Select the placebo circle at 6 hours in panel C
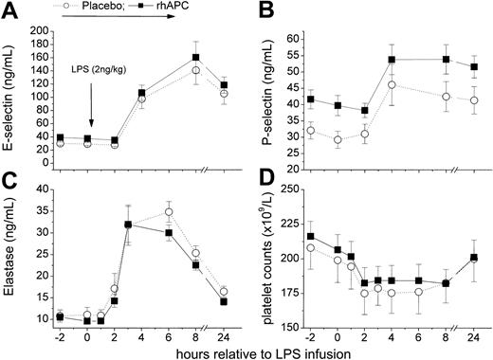tap(169, 211)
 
